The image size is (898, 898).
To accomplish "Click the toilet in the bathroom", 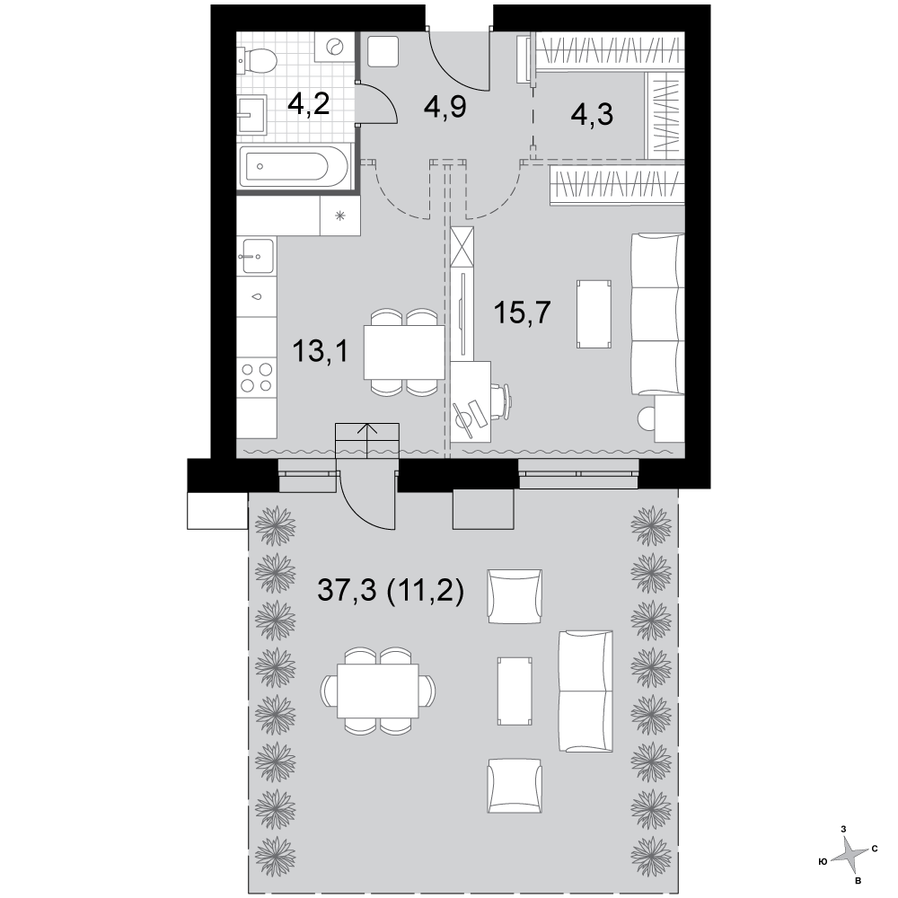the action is (258, 59).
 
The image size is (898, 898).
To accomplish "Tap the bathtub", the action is (295, 167).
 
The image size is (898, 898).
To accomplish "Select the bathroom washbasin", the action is (252, 115).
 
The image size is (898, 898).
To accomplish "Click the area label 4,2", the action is (309, 104).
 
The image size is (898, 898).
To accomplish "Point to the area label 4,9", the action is (445, 106).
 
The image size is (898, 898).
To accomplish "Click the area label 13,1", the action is (321, 350).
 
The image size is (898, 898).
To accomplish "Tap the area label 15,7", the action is (522, 313).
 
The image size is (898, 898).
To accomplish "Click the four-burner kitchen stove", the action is (257, 377).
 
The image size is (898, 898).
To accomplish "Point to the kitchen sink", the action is (257, 256).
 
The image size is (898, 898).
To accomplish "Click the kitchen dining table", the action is (404, 352).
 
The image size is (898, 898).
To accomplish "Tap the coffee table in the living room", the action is (594, 313).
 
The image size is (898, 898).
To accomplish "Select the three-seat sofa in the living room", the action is (657, 313).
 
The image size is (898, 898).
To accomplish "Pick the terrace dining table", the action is (378, 691).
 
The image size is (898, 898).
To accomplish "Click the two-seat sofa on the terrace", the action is (585, 691).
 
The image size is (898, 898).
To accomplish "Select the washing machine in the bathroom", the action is (333, 47).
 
